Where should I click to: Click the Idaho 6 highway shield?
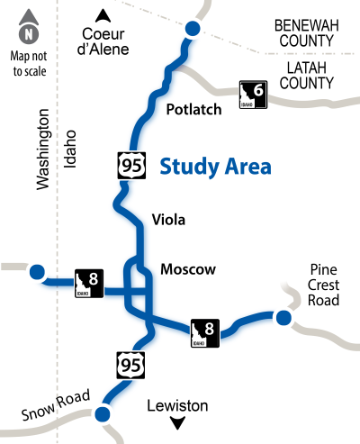click(254, 94)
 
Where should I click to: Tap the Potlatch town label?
click(194, 110)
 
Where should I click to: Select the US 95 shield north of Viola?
click(129, 165)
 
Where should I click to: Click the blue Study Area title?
click(216, 167)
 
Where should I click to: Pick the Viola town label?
click(170, 219)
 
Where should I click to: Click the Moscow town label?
click(188, 269)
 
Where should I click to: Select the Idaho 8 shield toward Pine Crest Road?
click(204, 332)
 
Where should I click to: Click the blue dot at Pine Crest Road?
click(283, 317)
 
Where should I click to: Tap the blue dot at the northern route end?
click(192, 31)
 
